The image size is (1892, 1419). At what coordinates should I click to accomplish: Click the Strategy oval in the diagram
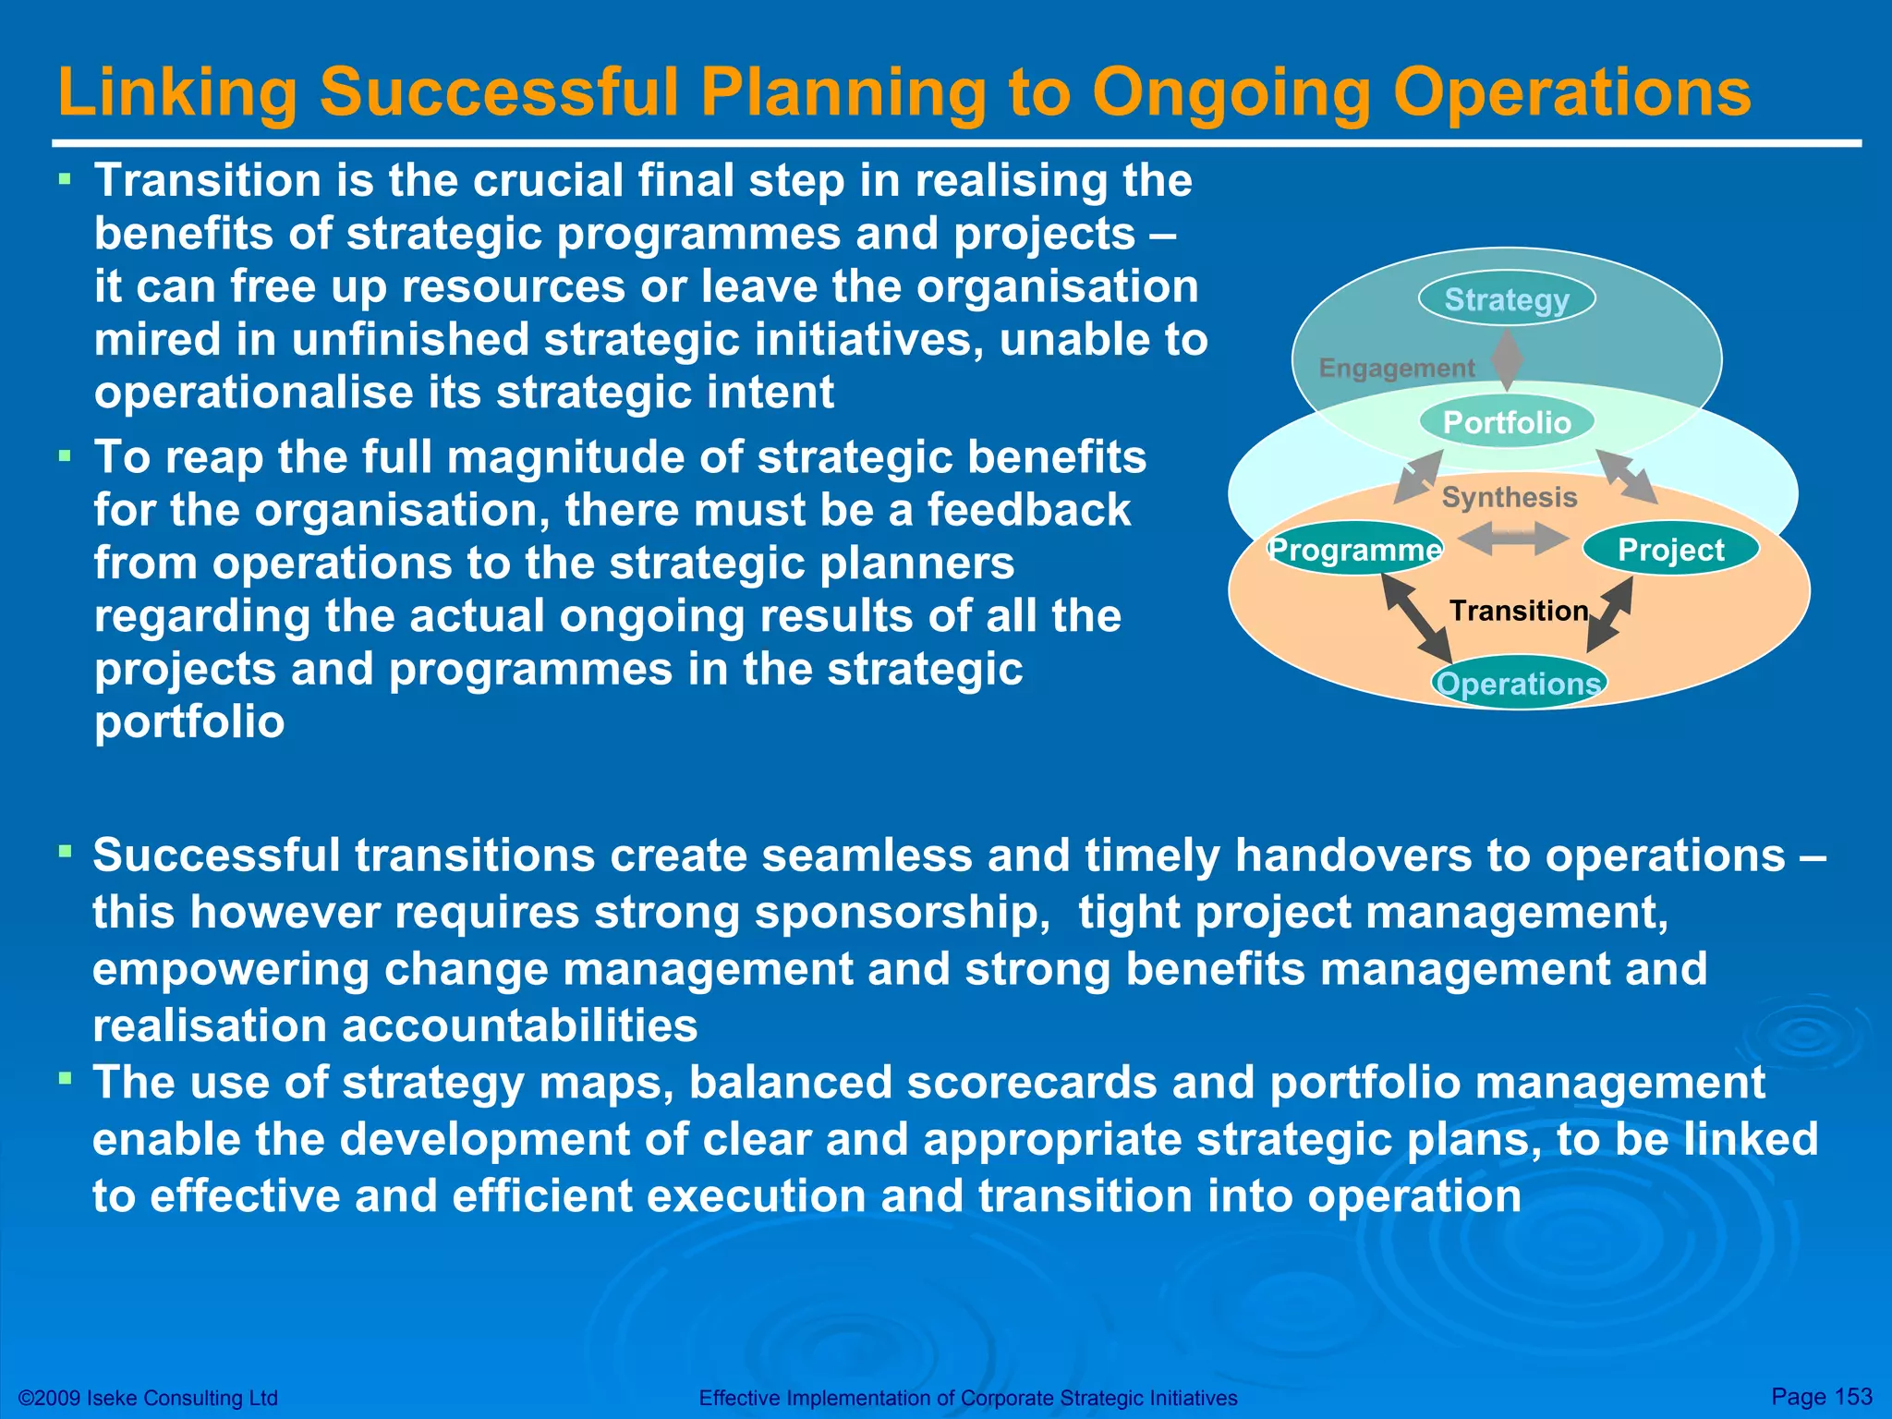pos(1507,299)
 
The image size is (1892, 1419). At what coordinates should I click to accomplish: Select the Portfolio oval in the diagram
pos(1507,422)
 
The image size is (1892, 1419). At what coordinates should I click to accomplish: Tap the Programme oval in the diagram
pos(1354,550)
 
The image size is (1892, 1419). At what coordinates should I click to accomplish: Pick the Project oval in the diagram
pos(1670,550)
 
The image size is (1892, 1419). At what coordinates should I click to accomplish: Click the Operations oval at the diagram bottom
pos(1519,684)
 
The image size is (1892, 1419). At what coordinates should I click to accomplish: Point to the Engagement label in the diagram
pos(1396,368)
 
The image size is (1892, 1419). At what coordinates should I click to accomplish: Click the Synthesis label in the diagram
pos(1510,497)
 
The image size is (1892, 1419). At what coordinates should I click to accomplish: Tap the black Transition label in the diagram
pos(1519,611)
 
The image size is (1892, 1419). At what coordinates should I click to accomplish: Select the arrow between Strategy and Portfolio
pos(1508,360)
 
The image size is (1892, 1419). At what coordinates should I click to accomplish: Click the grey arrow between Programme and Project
pos(1512,538)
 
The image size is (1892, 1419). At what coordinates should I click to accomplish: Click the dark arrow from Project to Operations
pos(1610,615)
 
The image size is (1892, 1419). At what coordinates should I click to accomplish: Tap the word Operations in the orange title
pos(1571,92)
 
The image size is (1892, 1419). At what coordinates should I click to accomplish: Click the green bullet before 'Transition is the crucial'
pos(65,177)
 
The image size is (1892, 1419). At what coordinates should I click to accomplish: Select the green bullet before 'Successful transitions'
pos(65,851)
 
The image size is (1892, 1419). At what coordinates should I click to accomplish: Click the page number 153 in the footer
pos(1852,1396)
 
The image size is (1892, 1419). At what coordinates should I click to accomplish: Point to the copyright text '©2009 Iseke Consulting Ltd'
pos(148,1398)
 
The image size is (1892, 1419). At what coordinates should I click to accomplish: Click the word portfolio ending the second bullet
pos(189,722)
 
